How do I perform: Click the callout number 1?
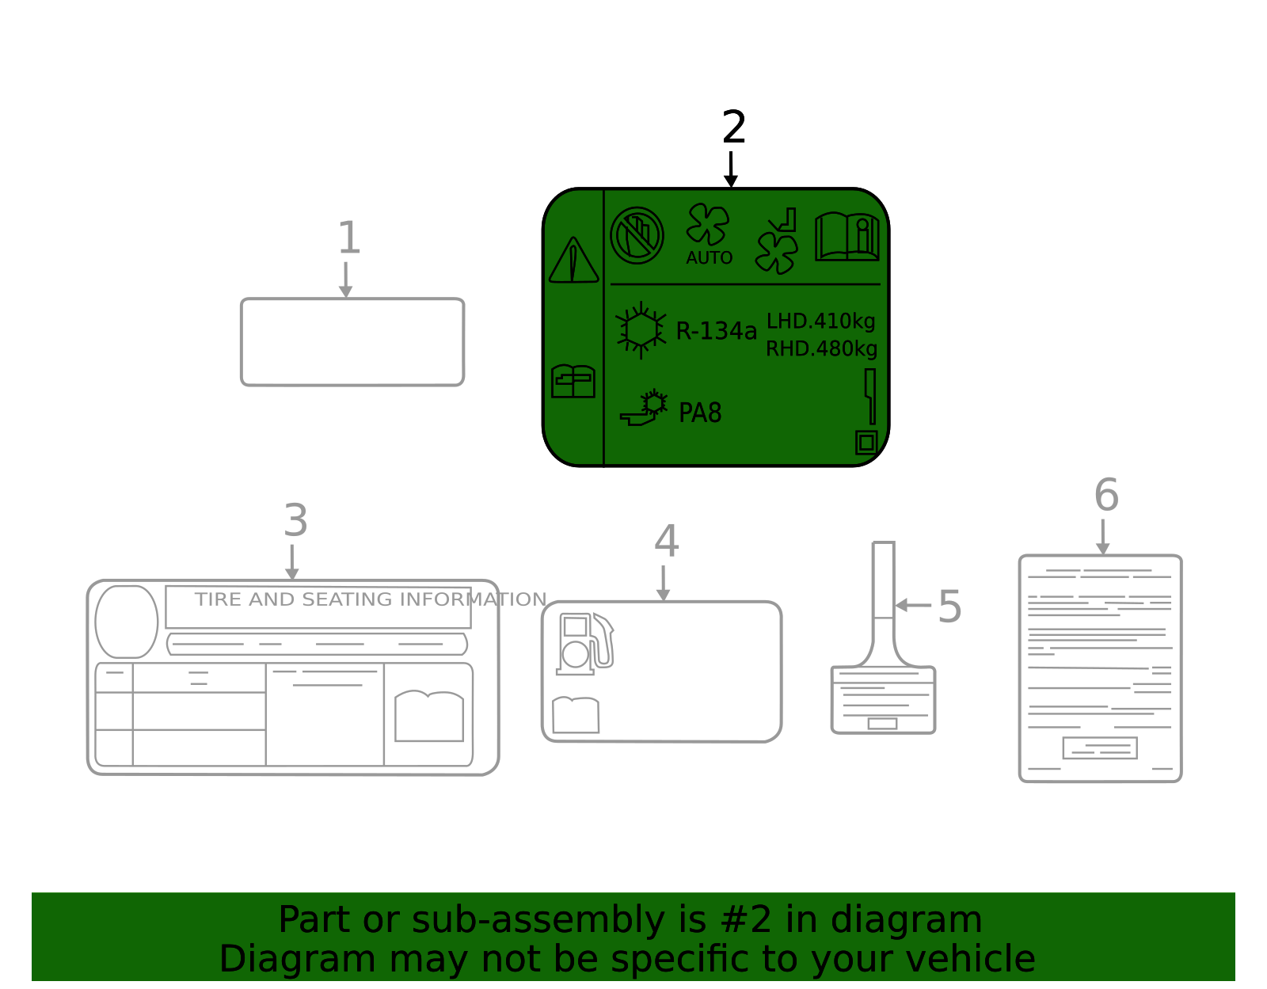pos(349,238)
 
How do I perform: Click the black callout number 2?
pos(733,127)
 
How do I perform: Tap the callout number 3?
pos(295,520)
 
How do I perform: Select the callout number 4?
pos(667,541)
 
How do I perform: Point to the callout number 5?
pos(949,607)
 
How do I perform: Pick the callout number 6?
pos(1106,495)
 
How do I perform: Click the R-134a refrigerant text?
pos(716,331)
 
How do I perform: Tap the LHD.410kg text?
pos(821,321)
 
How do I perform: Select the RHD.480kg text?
pos(821,348)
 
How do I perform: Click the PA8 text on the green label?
pos(700,413)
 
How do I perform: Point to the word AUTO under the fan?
pos(709,257)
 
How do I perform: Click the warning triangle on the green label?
pos(573,260)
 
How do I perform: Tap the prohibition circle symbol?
pos(637,235)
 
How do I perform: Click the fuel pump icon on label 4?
pos(584,644)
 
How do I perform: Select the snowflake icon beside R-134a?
pos(641,330)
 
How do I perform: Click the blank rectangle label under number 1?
pos(352,342)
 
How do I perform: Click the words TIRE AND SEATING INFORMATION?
pos(371,599)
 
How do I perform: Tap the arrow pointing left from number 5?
pos(912,605)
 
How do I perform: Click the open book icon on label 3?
pos(428,717)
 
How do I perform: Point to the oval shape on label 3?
pos(127,622)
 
